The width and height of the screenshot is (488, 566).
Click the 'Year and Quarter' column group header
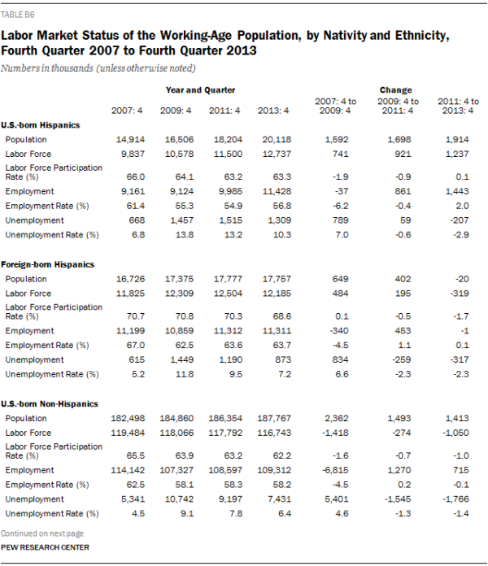click(201, 89)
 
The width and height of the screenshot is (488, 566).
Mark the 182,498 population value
click(124, 417)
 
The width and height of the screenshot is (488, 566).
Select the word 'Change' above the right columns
click(395, 89)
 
